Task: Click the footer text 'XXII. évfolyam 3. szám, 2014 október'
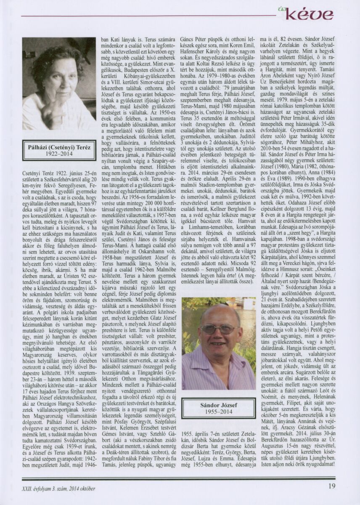click(58, 488)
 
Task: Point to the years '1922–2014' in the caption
click(59, 154)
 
